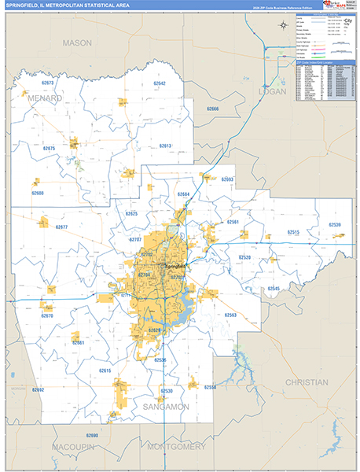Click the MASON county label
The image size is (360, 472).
77,42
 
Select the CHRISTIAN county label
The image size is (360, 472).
307,382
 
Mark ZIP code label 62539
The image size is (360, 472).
334,225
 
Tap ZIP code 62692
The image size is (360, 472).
39,389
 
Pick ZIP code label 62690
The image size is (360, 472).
91,434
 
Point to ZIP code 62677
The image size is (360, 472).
61,227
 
